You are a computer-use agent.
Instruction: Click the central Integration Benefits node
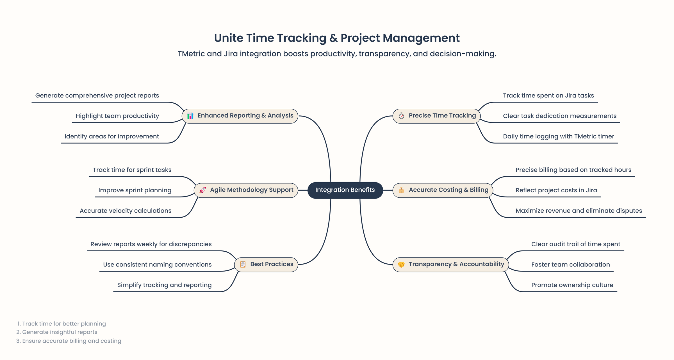[345, 190]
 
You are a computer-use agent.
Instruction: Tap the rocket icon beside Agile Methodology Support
[202, 190]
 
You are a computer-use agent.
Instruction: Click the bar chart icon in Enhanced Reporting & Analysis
[190, 116]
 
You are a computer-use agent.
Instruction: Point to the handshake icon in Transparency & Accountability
[401, 265]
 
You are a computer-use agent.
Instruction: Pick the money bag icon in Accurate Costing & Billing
[401, 190]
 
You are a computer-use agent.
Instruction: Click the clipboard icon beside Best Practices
[243, 265]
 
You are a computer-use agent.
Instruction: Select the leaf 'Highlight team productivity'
[117, 116]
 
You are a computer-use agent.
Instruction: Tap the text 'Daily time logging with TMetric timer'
[558, 136]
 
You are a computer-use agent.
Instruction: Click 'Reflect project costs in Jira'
[556, 190]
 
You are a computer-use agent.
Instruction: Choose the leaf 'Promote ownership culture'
[572, 285]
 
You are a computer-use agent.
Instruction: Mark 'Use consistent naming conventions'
[157, 265]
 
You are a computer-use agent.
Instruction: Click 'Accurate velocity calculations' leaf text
[125, 211]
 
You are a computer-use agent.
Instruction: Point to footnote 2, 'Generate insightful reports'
[60, 332]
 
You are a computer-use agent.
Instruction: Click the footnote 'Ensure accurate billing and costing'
[72, 341]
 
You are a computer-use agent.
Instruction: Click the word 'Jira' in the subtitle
[231, 54]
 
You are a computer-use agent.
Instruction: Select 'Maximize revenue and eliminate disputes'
[579, 211]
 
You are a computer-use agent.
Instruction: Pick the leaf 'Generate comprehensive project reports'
[97, 95]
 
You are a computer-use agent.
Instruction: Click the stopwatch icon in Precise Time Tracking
[401, 116]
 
